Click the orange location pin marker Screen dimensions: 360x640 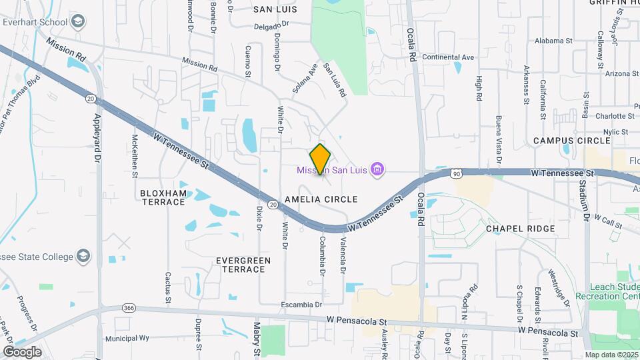pyautogui.click(x=321, y=159)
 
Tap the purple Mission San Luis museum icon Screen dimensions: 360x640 pyautogui.click(x=377, y=169)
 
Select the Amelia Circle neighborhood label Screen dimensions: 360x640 pyautogui.click(x=321, y=199)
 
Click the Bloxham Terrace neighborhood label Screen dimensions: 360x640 pyautogui.click(x=163, y=197)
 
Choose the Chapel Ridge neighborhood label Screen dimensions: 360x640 pyautogui.click(x=520, y=229)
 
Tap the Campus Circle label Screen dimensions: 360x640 pyautogui.click(x=571, y=141)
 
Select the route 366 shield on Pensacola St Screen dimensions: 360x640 pyautogui.click(x=129, y=308)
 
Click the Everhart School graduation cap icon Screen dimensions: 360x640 pyautogui.click(x=78, y=23)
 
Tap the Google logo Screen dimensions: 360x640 pyautogui.click(x=22, y=351)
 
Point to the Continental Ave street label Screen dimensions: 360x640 pyautogui.click(x=448, y=57)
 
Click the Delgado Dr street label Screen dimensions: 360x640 pyautogui.click(x=272, y=26)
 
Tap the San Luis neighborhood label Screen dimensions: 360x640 pyautogui.click(x=274, y=9)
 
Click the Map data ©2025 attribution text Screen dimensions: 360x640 pyautogui.click(x=612, y=355)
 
